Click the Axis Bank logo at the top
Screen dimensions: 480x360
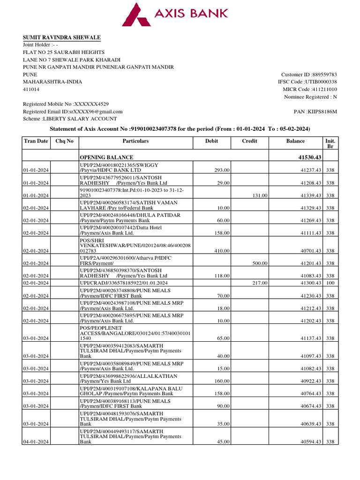[175, 14]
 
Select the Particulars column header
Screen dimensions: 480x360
[135, 141]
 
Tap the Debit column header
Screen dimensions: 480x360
[211, 141]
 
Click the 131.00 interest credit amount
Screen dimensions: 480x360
[259, 195]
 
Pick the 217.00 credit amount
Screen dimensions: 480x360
[259, 283]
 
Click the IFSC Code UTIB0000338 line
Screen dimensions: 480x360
[307, 82]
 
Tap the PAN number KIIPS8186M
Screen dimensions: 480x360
[315, 112]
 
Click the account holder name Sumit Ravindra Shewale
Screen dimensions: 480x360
[62, 37]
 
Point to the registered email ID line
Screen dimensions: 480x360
[73, 112]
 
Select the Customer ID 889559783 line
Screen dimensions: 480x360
[308, 75]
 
